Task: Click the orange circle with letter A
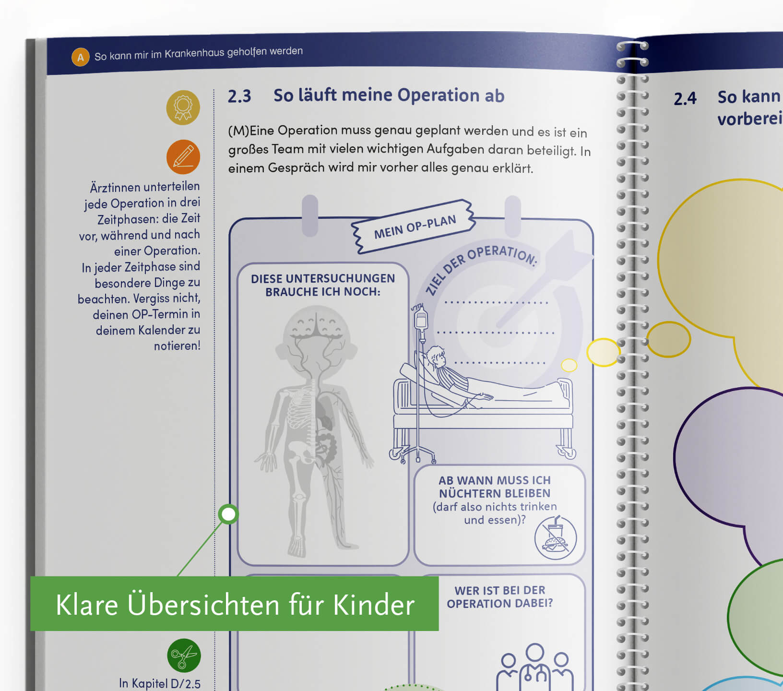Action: [81, 57]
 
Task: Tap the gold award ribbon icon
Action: [183, 107]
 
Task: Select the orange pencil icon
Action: [183, 157]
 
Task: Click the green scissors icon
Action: [184, 655]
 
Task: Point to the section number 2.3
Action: [239, 96]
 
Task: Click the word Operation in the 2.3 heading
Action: [439, 95]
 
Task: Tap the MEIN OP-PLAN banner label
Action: [415, 226]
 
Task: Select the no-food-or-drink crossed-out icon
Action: [556, 538]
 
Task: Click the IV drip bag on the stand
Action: [421, 319]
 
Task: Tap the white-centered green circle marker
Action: [228, 514]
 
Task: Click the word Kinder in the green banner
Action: [374, 605]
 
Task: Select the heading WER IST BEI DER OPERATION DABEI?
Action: [500, 596]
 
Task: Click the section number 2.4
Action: [685, 99]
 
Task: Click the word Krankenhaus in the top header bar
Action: [194, 54]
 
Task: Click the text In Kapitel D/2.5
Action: [160, 683]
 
